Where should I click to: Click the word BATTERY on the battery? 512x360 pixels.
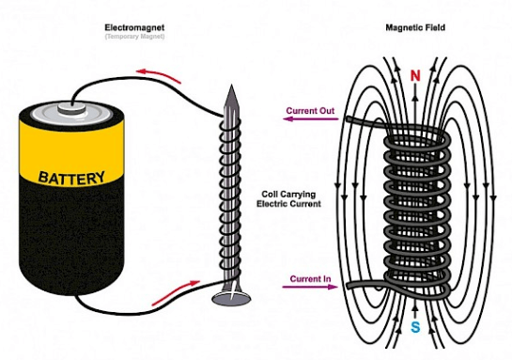tap(71, 177)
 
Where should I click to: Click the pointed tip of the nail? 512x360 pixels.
tap(231, 86)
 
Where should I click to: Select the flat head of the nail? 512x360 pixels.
tap(231, 297)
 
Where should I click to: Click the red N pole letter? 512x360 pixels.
tap(414, 76)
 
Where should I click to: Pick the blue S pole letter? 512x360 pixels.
tap(415, 327)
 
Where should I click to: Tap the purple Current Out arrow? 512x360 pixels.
tap(311, 119)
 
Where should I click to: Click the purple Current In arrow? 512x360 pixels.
tap(310, 287)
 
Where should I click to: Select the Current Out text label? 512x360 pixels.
tap(310, 110)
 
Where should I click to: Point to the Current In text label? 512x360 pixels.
tap(310, 278)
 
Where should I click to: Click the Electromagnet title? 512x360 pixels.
tap(134, 27)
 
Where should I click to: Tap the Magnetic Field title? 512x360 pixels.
tap(415, 27)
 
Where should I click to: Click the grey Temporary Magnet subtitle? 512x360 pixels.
tap(134, 37)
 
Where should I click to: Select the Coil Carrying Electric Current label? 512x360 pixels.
tap(288, 199)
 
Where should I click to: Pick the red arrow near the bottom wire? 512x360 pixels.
tap(176, 292)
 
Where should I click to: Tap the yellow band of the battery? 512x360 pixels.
tap(71, 153)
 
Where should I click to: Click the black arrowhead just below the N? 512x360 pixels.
tap(414, 98)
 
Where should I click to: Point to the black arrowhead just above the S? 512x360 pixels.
tap(415, 307)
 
